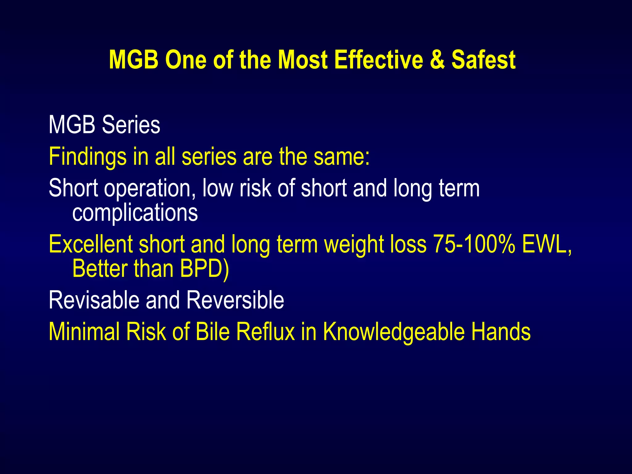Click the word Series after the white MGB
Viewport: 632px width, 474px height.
pos(131,125)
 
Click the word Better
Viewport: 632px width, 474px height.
pos(100,268)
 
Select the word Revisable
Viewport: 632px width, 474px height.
pos(94,300)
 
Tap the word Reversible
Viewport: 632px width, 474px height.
pos(235,300)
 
